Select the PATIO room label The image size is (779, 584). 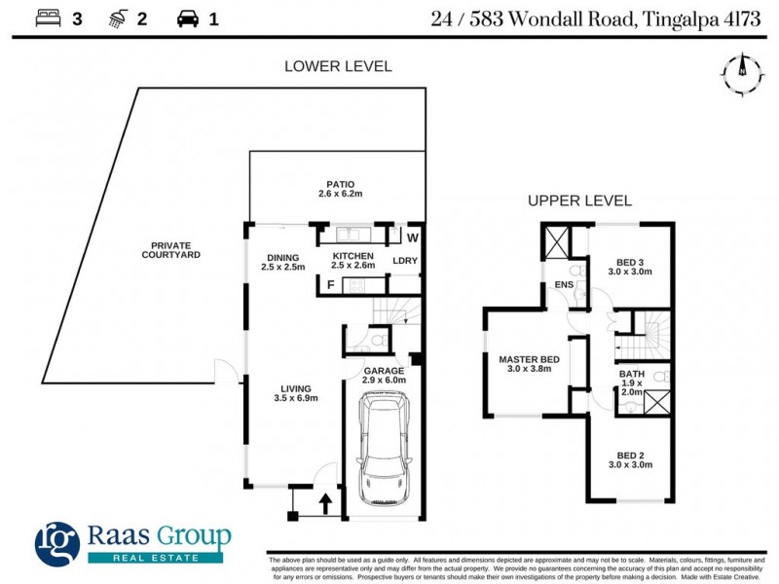340,189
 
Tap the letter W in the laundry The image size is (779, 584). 412,238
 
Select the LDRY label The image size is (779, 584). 405,261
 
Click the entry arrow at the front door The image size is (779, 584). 326,503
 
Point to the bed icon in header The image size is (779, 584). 48,18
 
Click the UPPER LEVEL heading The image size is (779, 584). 579,201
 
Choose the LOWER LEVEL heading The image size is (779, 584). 338,66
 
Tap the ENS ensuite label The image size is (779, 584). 564,284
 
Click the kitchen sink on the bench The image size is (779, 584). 348,235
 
